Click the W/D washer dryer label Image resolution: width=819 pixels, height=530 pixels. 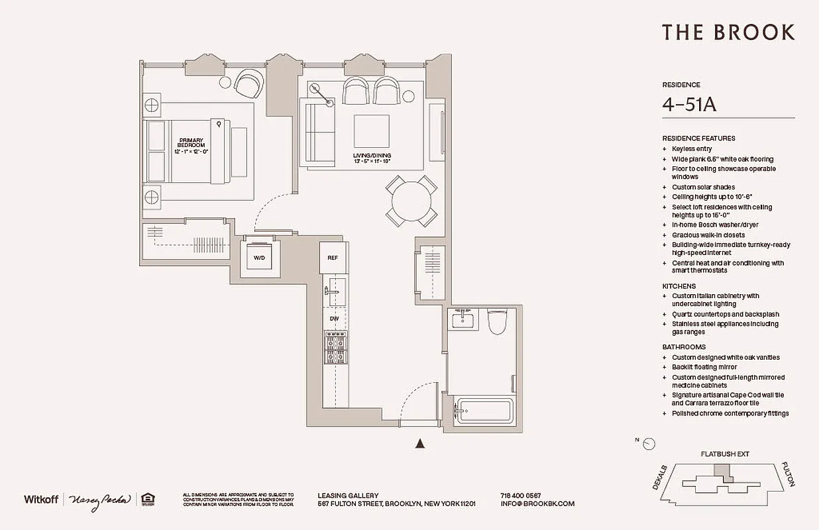(260, 258)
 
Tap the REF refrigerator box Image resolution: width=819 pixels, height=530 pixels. (333, 257)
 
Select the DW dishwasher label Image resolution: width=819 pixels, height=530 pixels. (334, 319)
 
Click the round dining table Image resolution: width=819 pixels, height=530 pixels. (411, 201)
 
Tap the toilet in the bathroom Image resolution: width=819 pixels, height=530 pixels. (496, 321)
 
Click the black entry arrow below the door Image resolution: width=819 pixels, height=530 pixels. (419, 445)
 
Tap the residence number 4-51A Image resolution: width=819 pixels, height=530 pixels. (690, 105)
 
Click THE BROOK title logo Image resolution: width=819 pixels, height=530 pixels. (728, 32)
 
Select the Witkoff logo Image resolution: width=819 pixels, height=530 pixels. (41, 499)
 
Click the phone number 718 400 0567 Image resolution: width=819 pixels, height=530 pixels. (520, 496)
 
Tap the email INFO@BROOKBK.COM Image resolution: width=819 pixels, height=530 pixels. (537, 503)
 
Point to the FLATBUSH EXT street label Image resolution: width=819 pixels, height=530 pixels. (725, 454)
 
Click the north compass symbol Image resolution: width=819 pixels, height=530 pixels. (649, 444)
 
